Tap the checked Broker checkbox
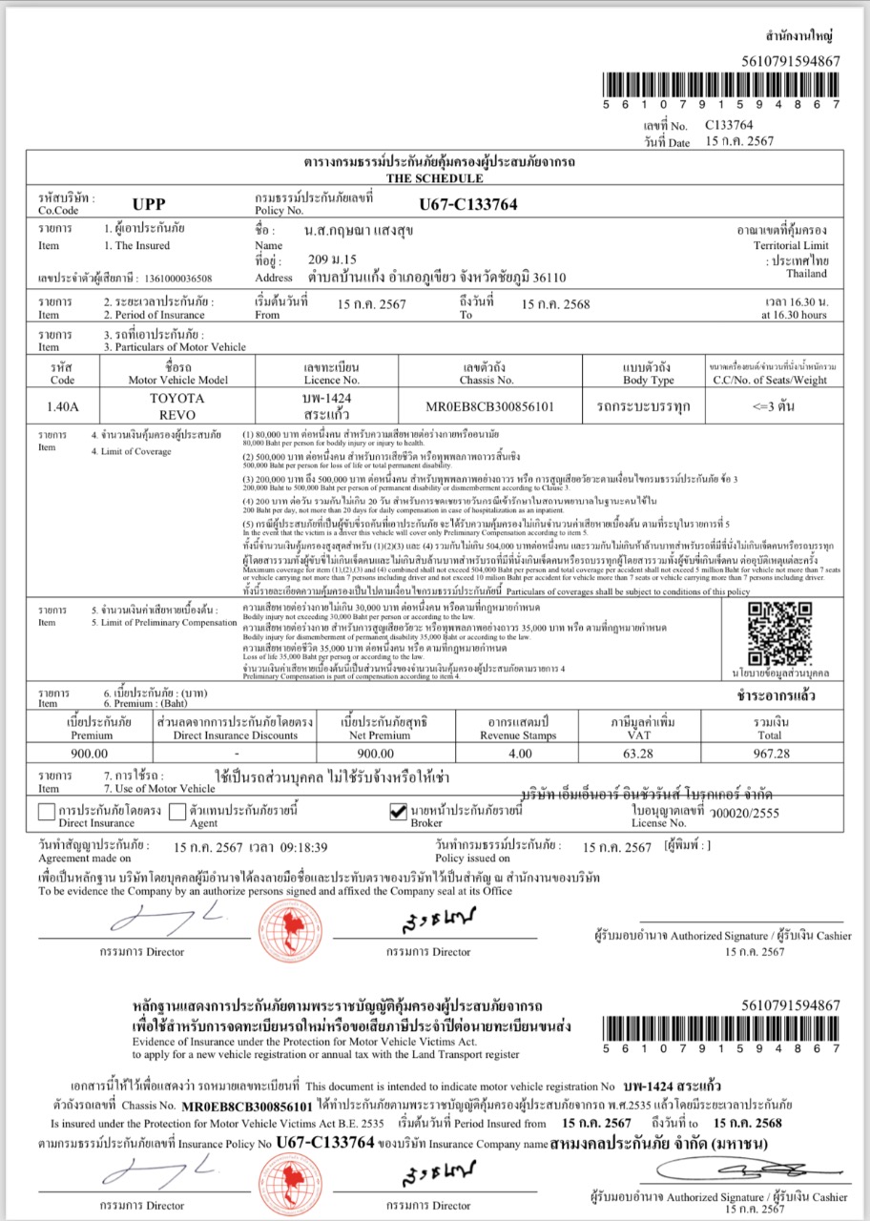click(x=400, y=813)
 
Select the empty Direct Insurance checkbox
click(x=46, y=813)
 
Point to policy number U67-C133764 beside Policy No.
click(x=468, y=203)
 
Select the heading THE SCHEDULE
click(x=434, y=178)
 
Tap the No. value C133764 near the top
click(x=729, y=125)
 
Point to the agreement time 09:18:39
click(x=301, y=846)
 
